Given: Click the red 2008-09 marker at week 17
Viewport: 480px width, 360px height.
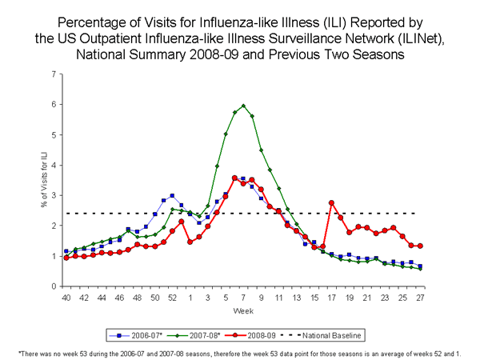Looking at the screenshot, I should tap(331, 202).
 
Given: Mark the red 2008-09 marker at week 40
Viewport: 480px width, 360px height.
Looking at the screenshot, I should tap(66, 258).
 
